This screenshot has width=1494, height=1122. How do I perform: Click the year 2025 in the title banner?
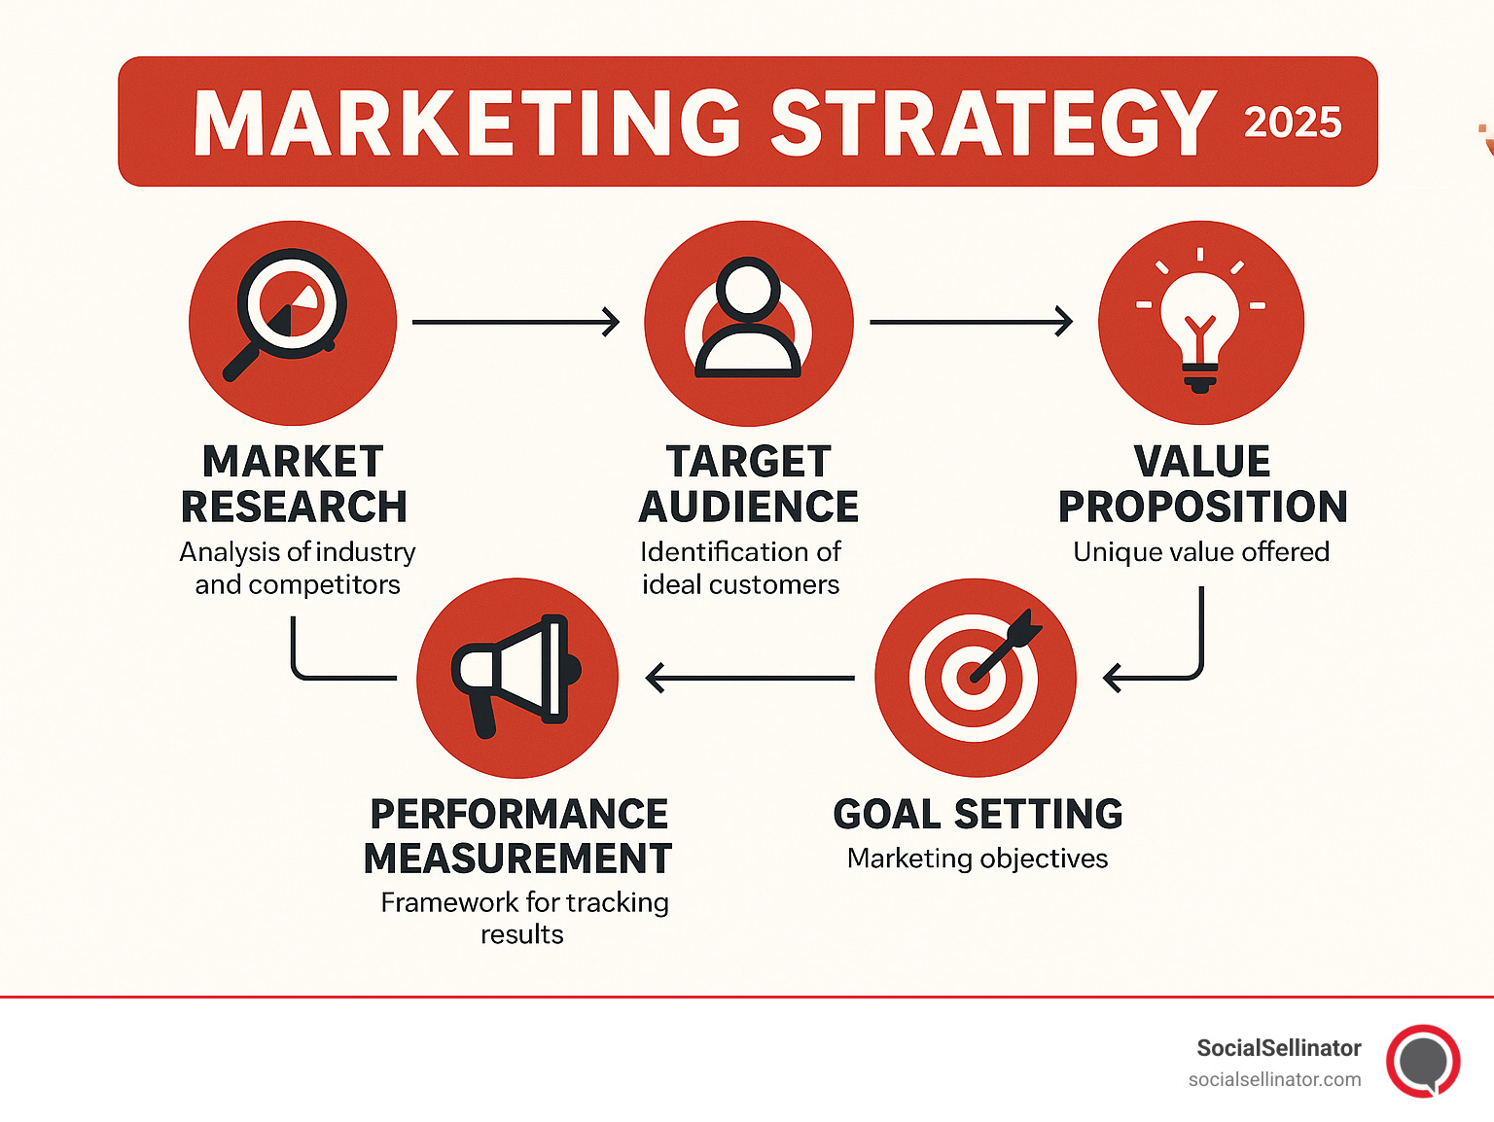click(1293, 123)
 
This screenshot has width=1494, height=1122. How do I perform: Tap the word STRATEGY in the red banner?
click(993, 123)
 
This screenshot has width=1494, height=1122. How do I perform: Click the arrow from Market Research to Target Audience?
click(516, 322)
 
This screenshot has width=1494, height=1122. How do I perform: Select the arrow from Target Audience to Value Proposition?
click(971, 322)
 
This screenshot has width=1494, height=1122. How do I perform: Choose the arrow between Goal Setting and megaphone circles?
click(750, 678)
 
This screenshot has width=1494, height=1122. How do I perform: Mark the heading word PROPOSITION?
click(1202, 508)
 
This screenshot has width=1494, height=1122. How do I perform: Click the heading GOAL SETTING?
click(978, 815)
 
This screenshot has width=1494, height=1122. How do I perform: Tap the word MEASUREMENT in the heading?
click(518, 859)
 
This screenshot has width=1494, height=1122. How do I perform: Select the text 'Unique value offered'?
click(1201, 552)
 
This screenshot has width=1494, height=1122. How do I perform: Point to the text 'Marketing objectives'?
click(978, 859)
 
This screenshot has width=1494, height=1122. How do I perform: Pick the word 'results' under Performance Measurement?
click(522, 935)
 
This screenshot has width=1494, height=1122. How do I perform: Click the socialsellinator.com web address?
click(1274, 1079)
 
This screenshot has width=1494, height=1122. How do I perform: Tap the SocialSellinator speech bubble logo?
click(1423, 1061)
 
